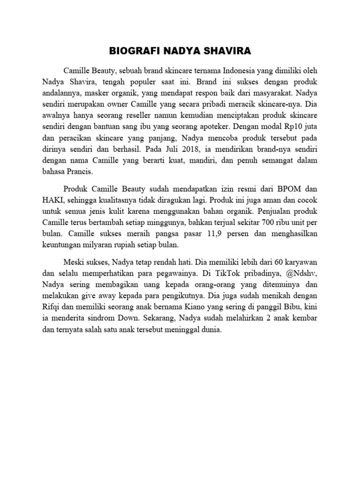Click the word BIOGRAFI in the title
(x=129, y=50)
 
